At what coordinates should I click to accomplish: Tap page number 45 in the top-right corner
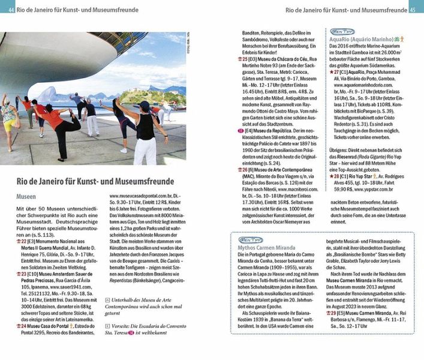click(413, 10)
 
